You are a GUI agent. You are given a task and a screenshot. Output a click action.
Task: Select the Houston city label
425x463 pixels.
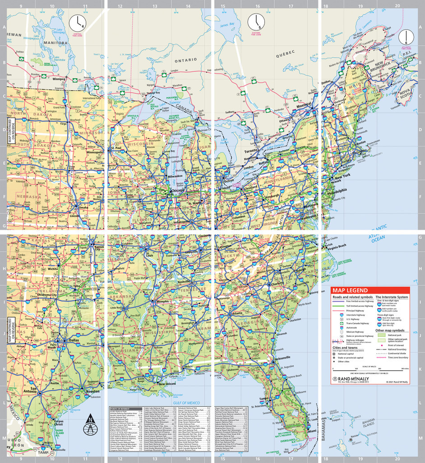93,391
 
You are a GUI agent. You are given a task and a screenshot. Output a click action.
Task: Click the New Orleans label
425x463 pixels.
167,384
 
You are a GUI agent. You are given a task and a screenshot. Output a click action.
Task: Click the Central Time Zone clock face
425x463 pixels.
77,22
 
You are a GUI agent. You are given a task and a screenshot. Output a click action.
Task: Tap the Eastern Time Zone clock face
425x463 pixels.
256,21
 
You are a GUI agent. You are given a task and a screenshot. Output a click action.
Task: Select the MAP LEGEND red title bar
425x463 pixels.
370,290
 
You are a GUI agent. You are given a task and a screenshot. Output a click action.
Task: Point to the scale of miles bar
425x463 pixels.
370,369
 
